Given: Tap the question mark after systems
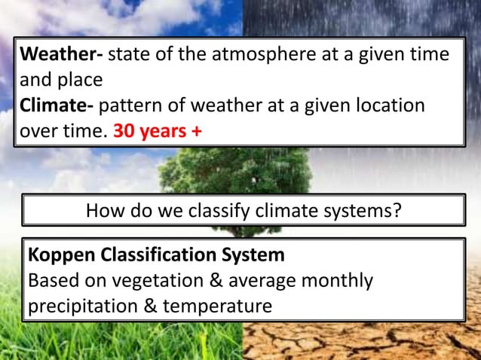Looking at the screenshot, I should (x=397, y=211).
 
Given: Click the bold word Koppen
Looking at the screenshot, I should (x=60, y=256).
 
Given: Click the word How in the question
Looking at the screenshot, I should (x=105, y=211).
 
